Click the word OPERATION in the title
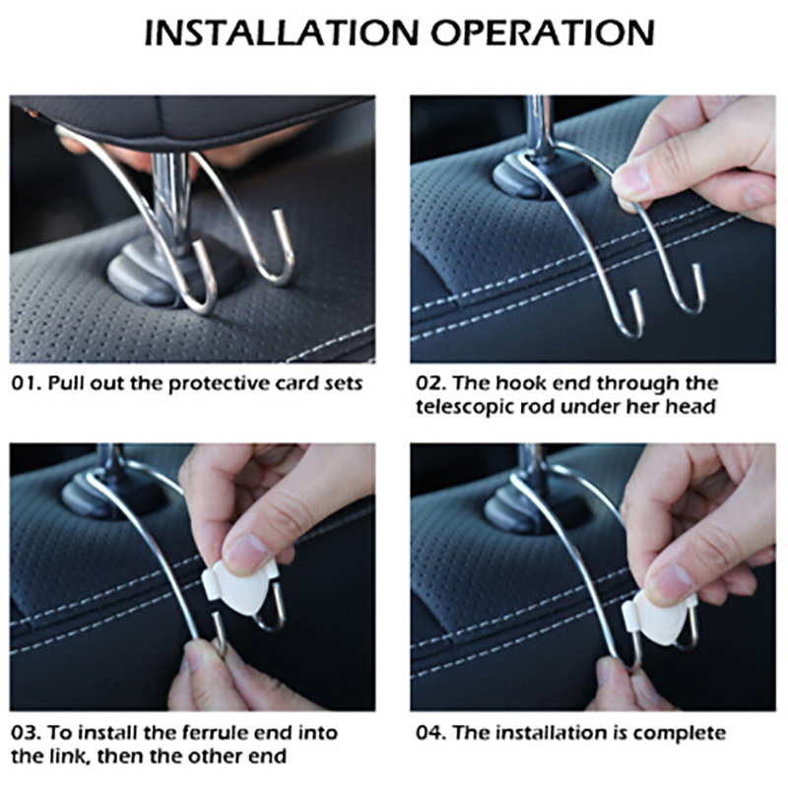(543, 33)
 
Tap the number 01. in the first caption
(27, 383)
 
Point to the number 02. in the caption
(431, 383)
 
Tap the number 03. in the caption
(27, 733)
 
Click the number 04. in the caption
(431, 733)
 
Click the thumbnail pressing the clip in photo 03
(244, 555)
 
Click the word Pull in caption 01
(65, 383)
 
